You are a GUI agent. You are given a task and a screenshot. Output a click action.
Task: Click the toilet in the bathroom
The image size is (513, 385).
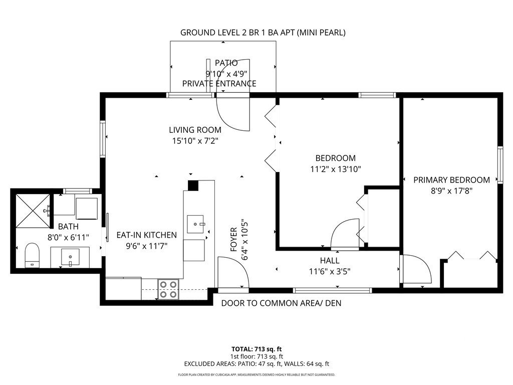pos(32,255)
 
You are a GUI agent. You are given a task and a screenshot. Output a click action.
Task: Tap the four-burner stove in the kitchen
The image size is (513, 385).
pos(169,289)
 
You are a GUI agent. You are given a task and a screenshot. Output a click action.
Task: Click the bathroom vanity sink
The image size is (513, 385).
pos(70,257)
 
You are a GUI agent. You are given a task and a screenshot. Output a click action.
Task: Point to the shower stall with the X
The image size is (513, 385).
pos(33,211)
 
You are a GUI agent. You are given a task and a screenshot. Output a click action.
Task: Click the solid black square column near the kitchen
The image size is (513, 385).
pos(193,185)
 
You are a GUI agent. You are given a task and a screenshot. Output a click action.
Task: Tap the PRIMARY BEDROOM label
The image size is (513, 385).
pos(451,180)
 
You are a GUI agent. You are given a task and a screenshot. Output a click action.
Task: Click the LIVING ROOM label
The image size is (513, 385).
pos(195,130)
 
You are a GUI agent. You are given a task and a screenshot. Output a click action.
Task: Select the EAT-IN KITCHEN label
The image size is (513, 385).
pos(147,235)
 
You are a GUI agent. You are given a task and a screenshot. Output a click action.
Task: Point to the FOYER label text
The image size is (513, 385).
pos(233,239)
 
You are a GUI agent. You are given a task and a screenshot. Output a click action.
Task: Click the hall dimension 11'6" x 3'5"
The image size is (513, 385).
pos(330,271)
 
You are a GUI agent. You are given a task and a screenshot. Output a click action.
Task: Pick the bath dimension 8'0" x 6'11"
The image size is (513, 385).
pos(68,237)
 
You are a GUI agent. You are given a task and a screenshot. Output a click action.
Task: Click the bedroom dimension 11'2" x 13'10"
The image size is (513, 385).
pos(335,169)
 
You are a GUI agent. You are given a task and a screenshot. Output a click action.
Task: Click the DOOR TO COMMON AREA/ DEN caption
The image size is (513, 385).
pos(282,303)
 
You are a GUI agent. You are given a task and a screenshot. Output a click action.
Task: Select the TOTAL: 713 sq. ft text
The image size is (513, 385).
pos(256,349)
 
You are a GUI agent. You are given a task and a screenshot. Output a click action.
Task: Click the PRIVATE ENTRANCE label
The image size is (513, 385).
pos(219,84)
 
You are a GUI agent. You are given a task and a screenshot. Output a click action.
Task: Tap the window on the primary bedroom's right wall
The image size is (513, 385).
pos(500,164)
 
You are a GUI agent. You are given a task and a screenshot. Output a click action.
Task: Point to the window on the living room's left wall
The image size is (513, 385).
pos(103,139)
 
